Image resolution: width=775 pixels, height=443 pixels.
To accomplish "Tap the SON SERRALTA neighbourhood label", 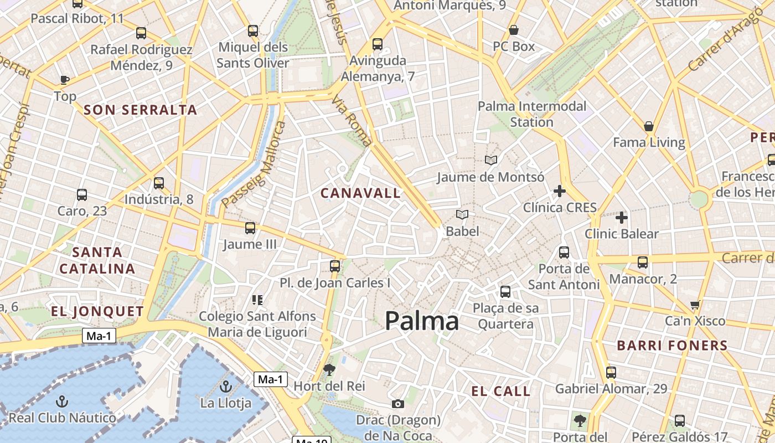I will pyautogui.click(x=141, y=110).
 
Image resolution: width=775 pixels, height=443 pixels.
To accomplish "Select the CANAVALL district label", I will pyautogui.click(x=360, y=193).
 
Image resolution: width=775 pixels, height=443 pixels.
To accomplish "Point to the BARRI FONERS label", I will pyautogui.click(x=672, y=346).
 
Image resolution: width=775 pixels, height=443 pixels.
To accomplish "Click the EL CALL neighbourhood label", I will pyautogui.click(x=500, y=392).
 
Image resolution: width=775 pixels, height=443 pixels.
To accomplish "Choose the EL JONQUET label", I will pyautogui.click(x=97, y=311).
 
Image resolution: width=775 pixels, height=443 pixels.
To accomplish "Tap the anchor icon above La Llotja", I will pyautogui.click(x=225, y=387).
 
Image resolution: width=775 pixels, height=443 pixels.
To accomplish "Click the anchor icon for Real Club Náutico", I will pyautogui.click(x=63, y=401).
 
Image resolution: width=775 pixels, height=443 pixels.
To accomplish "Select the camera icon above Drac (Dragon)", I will pyautogui.click(x=397, y=404).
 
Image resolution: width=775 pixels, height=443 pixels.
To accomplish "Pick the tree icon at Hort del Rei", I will pyautogui.click(x=329, y=369).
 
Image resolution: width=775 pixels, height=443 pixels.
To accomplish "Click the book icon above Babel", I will pyautogui.click(x=462, y=215).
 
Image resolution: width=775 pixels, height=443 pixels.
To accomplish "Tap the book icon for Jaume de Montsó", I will pyautogui.click(x=490, y=161).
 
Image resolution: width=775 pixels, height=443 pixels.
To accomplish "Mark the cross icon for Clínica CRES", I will pyautogui.click(x=560, y=192).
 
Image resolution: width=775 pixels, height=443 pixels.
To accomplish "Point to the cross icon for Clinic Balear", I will pyautogui.click(x=622, y=218).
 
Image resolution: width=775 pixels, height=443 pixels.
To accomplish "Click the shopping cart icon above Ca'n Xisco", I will pyautogui.click(x=695, y=305).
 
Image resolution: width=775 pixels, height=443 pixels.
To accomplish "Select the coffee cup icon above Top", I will pyautogui.click(x=65, y=80).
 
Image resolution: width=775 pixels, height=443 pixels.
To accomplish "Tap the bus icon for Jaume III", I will pyautogui.click(x=250, y=228).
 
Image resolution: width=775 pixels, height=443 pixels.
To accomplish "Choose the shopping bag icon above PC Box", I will pyautogui.click(x=514, y=30).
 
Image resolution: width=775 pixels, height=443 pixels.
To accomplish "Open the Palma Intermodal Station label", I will pyautogui.click(x=531, y=114).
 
